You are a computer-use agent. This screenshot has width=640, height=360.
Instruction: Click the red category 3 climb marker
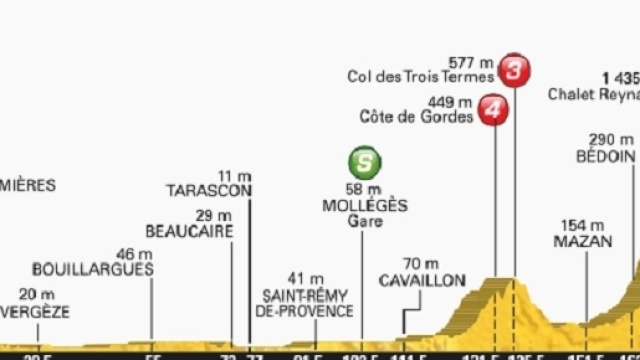(514, 70)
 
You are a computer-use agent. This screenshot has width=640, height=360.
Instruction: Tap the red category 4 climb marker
(491, 110)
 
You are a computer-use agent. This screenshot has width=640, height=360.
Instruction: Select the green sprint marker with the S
(365, 162)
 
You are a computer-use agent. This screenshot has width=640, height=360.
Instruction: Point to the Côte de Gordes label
(416, 117)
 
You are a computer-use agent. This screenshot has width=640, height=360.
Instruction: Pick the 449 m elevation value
(450, 101)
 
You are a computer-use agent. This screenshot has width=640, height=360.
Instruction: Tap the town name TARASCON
(209, 190)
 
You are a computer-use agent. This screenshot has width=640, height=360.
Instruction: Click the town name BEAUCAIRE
(189, 232)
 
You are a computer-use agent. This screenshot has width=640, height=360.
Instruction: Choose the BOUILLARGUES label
(92, 269)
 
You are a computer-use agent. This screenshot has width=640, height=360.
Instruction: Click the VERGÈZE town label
(35, 311)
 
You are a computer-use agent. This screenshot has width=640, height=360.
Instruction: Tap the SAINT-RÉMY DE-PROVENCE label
(308, 303)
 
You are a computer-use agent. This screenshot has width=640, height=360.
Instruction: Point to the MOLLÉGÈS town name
(365, 205)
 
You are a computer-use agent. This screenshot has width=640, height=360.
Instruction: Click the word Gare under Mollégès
(365, 221)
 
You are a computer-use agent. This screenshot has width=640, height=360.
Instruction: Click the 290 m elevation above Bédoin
(610, 140)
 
